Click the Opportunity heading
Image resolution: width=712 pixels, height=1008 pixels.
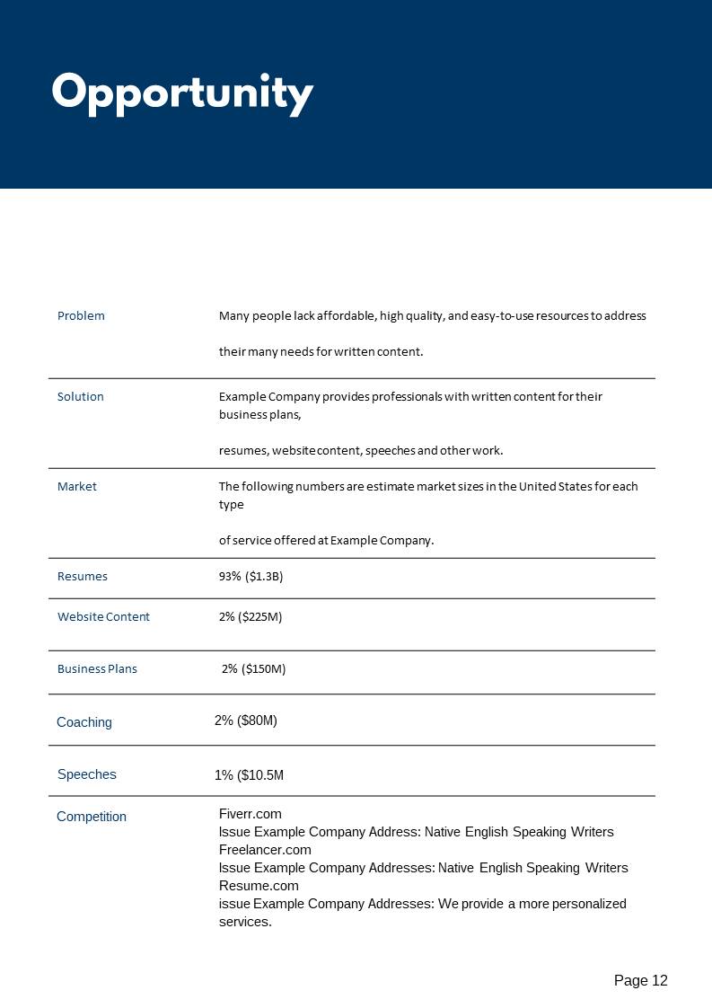[x=182, y=93]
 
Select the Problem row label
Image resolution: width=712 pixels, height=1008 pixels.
[x=81, y=316]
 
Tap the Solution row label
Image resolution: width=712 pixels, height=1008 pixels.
[x=81, y=397]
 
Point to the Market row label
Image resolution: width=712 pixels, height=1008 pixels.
[x=77, y=487]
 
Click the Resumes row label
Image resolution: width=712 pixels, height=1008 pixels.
[x=83, y=577]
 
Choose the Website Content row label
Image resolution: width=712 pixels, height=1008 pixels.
[x=103, y=617]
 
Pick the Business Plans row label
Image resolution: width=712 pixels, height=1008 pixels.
[x=97, y=669]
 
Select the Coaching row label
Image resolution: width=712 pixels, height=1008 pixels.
[x=84, y=722]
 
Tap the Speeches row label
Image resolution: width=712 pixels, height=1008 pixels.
[x=87, y=774]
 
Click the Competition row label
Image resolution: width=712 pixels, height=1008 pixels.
[x=92, y=817]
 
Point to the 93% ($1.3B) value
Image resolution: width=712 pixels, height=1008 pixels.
[x=251, y=577]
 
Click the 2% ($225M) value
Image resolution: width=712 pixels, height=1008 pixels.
[x=251, y=617]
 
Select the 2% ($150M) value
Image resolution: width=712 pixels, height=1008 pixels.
[x=254, y=669]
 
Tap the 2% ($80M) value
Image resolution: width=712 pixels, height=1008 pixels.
[x=246, y=721]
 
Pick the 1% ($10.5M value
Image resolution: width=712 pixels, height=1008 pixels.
[x=250, y=775]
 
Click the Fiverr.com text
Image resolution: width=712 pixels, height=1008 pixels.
[x=251, y=814]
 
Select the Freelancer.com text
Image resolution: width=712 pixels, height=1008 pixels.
[x=265, y=850]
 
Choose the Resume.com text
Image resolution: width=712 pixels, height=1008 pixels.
[x=259, y=886]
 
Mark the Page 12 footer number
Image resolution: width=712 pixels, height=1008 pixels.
[x=641, y=981]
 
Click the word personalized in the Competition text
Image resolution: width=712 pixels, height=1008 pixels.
[x=582, y=904]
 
